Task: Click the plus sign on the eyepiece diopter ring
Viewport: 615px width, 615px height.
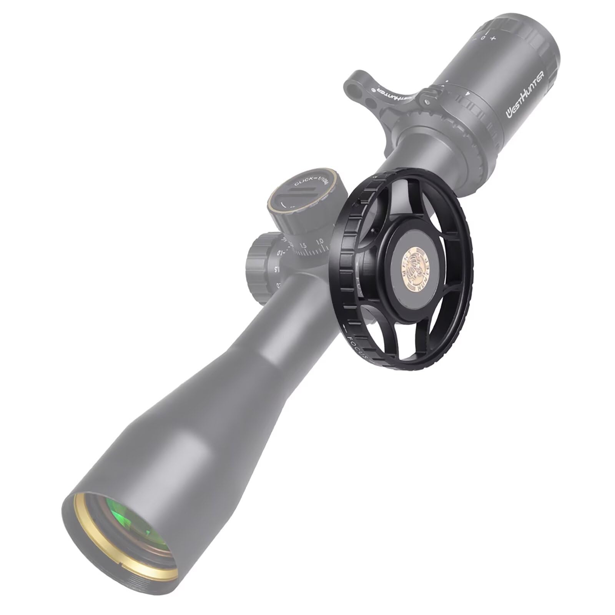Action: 493,38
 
